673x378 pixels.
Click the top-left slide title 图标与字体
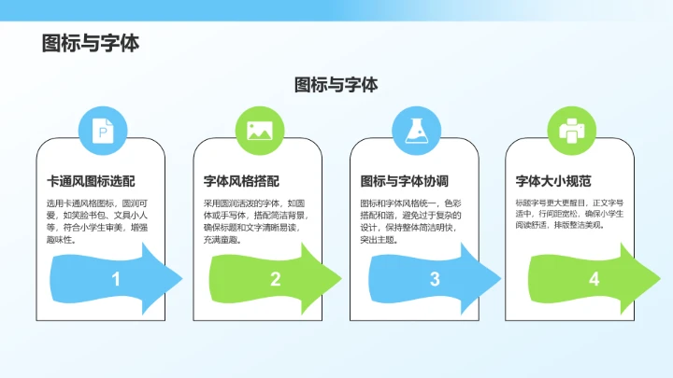click(91, 44)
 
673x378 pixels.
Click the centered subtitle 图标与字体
click(336, 85)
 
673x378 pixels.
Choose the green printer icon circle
click(571, 131)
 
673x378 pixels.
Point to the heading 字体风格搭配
click(241, 181)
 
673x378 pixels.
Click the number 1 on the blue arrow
click(116, 279)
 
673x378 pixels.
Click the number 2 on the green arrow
click(276, 279)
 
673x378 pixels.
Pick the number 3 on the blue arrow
click(435, 279)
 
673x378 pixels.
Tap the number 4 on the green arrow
click(594, 279)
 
